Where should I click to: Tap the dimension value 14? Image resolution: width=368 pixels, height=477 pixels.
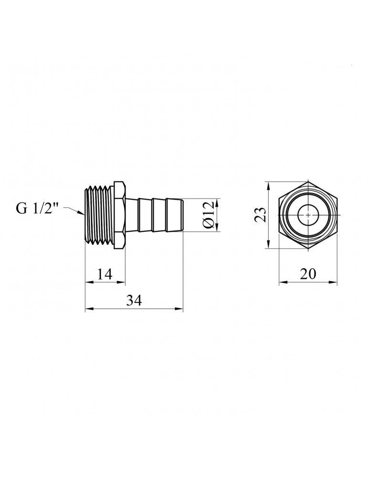point(105,274)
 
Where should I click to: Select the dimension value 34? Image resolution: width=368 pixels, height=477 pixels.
point(134,301)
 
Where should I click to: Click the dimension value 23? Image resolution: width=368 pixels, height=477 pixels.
point(261,215)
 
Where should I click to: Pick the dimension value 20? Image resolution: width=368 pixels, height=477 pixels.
point(308,274)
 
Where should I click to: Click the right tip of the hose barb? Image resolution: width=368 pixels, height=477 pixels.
point(183,215)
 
